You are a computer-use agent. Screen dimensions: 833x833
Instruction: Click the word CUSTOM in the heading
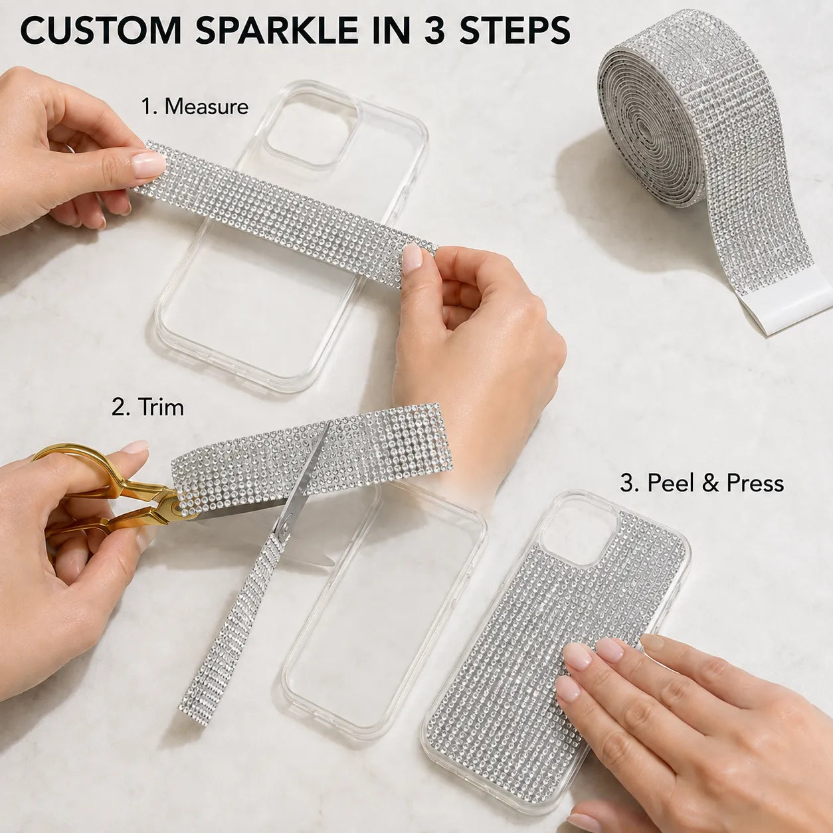pos(101,31)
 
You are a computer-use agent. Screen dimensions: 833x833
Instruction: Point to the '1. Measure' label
pos(195,106)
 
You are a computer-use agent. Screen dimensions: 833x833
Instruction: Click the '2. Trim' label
pos(147,407)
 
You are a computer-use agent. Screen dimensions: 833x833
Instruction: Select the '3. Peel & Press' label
pos(701,483)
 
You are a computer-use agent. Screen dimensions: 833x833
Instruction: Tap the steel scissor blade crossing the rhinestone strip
pos(303,480)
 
